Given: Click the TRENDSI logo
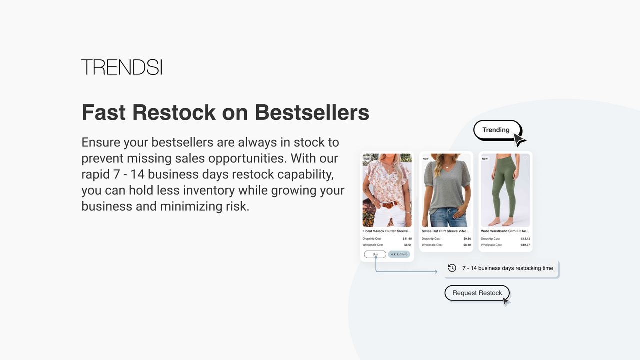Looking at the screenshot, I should (x=122, y=67).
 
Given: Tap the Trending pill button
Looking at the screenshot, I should (x=496, y=130).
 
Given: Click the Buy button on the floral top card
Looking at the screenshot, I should (x=375, y=254).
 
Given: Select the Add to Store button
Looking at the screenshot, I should (x=399, y=254).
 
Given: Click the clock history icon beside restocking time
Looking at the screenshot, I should (x=452, y=268).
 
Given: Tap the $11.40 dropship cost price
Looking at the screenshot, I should (x=407, y=239).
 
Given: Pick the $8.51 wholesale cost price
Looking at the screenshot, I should (x=408, y=245).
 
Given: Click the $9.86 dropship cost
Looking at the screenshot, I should (x=467, y=239).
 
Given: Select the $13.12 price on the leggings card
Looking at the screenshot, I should (x=525, y=239).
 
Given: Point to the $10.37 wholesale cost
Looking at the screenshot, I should (x=525, y=245).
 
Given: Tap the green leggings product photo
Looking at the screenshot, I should (x=505, y=190).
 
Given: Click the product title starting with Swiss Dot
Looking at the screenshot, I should (x=445, y=231).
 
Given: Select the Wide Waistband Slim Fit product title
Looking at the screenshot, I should (x=505, y=231).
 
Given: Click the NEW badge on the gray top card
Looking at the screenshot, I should (x=426, y=159).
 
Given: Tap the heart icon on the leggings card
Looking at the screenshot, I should (x=525, y=159).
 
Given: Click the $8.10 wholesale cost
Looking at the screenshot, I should (x=467, y=245).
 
